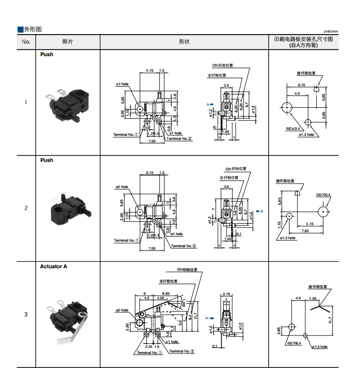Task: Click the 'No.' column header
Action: [x=26, y=42]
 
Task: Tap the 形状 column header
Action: [x=184, y=42]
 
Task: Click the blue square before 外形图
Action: [x=20, y=30]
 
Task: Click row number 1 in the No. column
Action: [x=26, y=102]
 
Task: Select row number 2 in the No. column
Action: [x=26, y=208]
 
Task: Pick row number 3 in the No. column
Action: [x=26, y=314]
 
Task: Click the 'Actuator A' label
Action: [x=54, y=266]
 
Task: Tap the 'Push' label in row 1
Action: [x=47, y=54]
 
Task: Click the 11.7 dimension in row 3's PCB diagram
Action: [x=331, y=319]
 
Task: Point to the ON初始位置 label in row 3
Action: [x=187, y=270]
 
